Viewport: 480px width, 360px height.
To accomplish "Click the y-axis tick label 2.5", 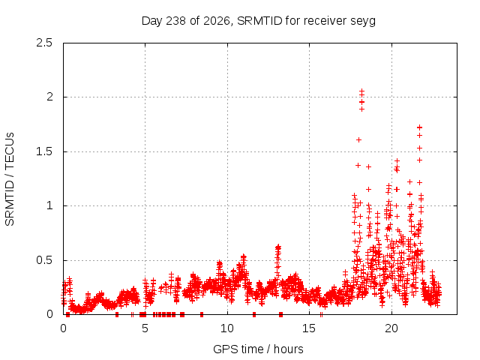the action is click(44, 43).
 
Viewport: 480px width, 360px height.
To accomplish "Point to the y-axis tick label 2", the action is click(49, 97).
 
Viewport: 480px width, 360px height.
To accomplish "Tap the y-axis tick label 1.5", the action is click(44, 151).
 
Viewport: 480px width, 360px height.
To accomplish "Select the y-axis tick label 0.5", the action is click(44, 260).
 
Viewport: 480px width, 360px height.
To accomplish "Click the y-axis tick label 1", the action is click(50, 205).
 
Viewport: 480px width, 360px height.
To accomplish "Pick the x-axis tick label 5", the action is click(145, 328).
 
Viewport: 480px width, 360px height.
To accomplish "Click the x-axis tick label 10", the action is click(227, 328).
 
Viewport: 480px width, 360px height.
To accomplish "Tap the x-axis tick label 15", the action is click(309, 328).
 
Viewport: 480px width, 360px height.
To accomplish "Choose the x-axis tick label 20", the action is click(391, 328).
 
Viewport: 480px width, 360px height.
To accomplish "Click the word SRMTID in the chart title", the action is click(259, 21).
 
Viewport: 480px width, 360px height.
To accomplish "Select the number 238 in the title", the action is click(175, 21).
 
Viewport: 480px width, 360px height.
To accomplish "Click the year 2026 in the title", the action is click(217, 21).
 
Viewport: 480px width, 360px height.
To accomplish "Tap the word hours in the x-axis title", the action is click(288, 349).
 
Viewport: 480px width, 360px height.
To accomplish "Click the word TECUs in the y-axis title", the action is click(10, 151).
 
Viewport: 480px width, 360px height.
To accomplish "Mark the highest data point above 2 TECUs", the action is click(361, 91).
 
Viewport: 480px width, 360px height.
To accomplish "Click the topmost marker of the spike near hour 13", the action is click(278, 246).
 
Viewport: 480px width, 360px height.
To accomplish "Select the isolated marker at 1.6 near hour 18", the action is click(358, 140).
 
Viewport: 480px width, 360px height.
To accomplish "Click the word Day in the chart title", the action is click(152, 21).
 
